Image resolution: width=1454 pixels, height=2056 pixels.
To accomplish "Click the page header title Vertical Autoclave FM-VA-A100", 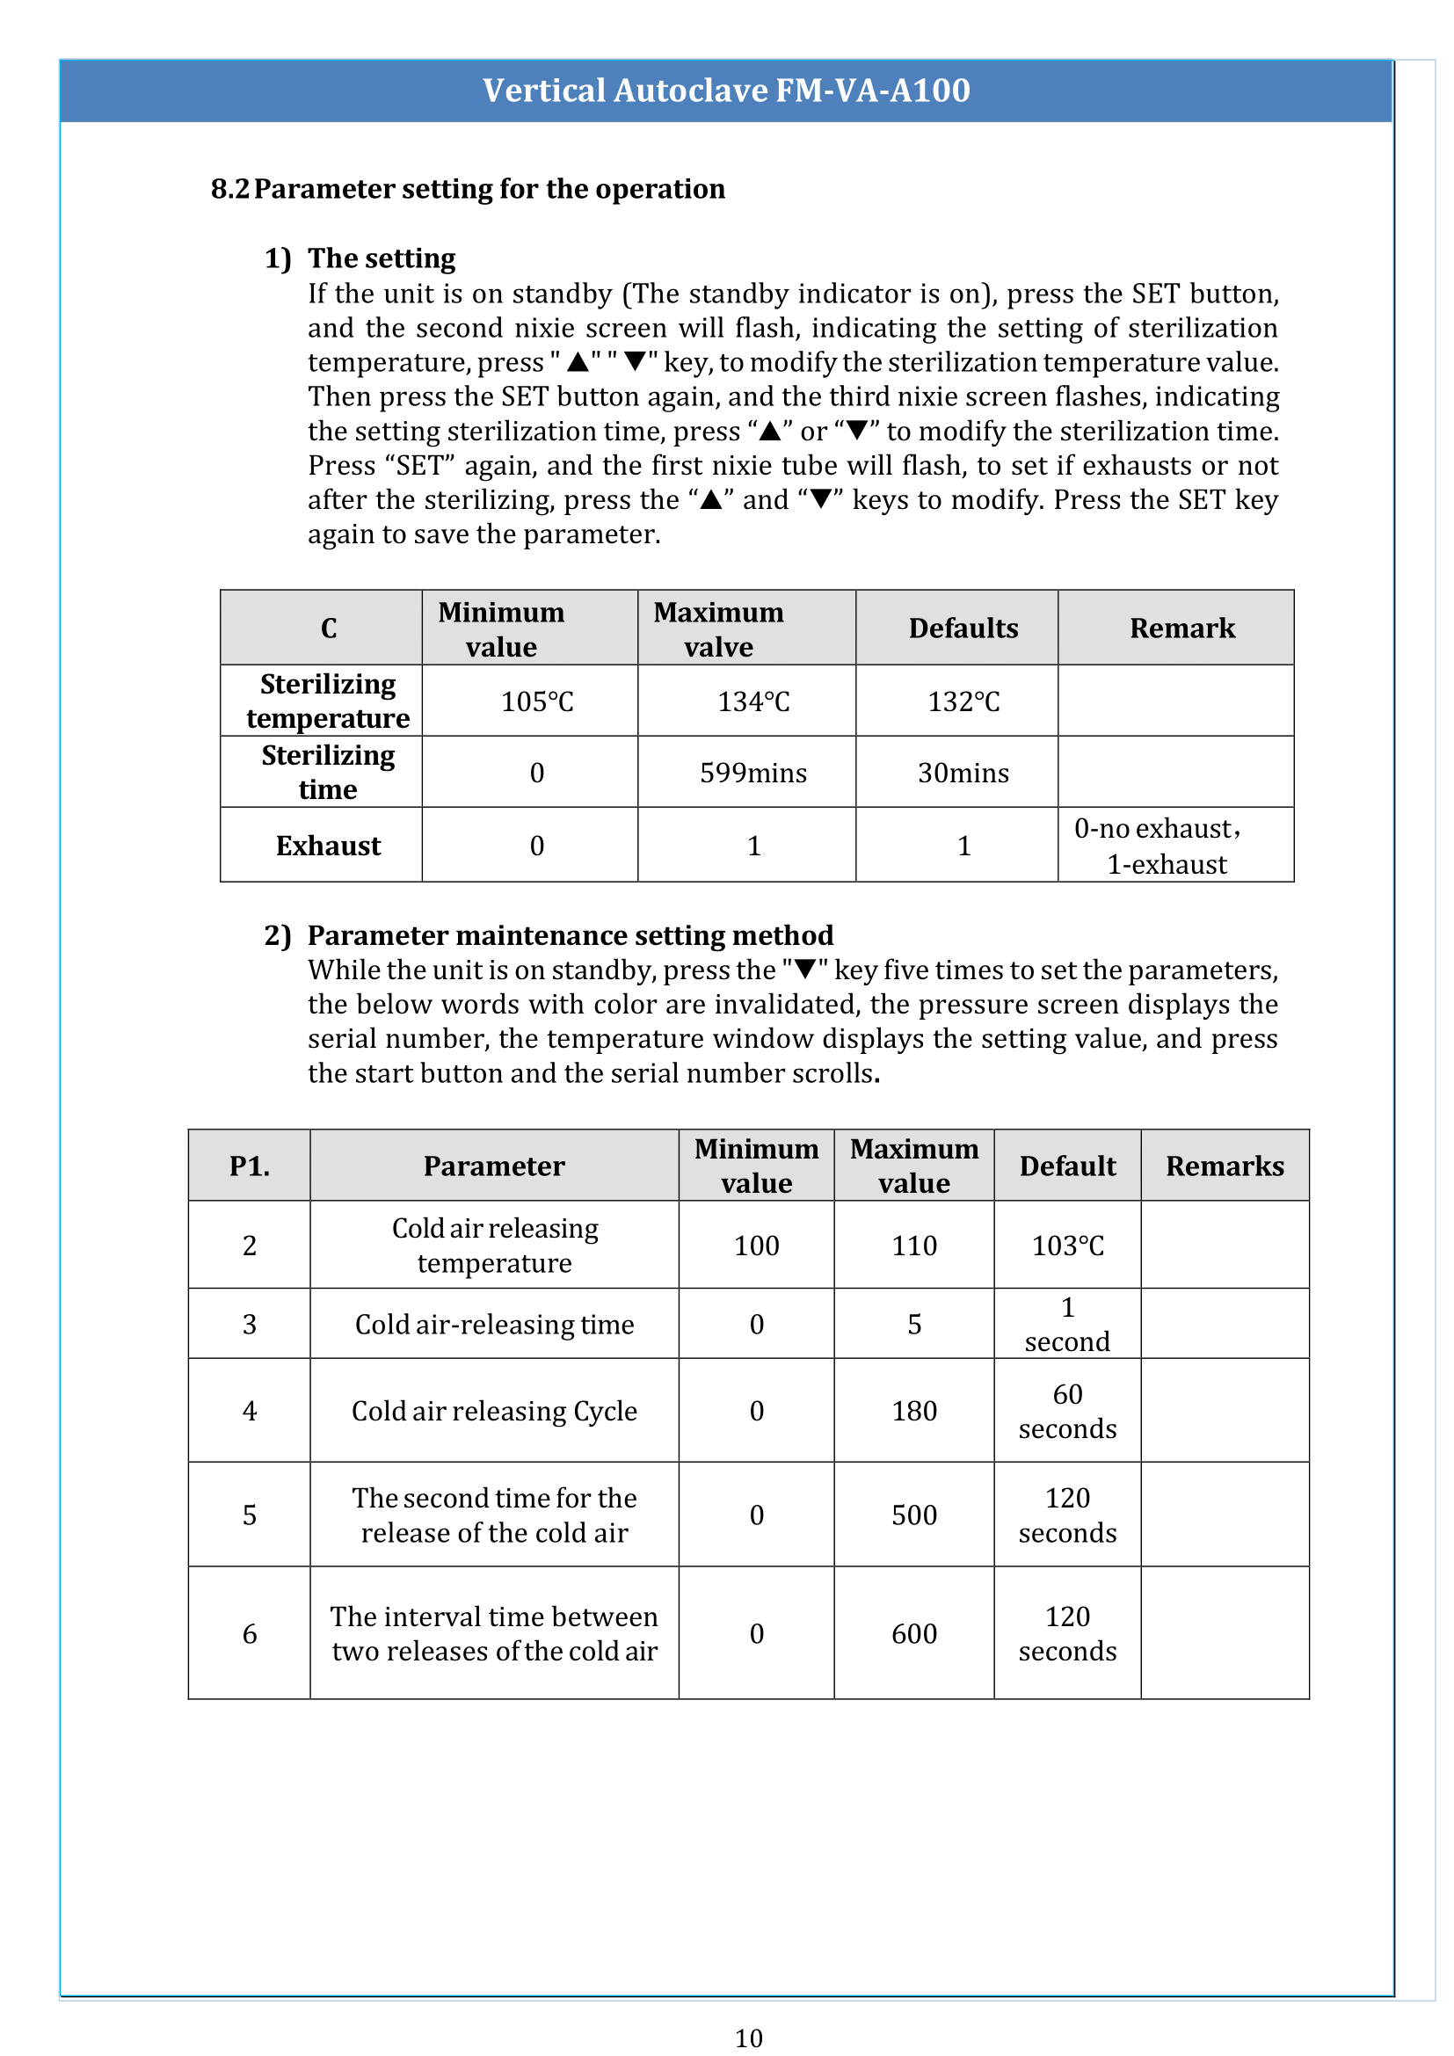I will pos(726,91).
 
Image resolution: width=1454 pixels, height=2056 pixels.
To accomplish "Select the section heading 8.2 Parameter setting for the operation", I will pos(468,189).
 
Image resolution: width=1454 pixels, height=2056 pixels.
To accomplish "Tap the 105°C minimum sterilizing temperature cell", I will pos(536,701).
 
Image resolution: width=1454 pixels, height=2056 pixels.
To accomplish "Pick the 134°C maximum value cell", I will pos(753,701).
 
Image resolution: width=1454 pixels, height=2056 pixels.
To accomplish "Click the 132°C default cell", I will pos(963,701).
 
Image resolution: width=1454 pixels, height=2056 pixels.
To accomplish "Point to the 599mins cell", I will pos(753,773).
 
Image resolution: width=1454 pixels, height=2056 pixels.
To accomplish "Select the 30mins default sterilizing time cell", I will pos(963,773).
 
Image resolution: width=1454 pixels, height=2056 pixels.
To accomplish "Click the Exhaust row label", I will pos(328,846).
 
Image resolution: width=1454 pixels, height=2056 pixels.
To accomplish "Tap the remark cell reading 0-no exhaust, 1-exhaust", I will pos(1164,846).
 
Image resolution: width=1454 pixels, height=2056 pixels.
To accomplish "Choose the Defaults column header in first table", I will pos(963,628).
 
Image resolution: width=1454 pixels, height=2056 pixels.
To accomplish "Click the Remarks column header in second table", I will pos(1224,1166).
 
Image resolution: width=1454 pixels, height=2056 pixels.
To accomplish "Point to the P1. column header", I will pos(249,1166).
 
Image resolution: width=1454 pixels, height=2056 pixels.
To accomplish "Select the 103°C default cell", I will pos(1066,1246).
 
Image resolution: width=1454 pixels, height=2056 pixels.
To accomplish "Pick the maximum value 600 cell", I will pos(913,1633).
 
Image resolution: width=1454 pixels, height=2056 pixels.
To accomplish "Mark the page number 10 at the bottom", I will pos(748,2038).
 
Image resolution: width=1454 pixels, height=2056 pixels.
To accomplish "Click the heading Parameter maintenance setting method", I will pos(570,935).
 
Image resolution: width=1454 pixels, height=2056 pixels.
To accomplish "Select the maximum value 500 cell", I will pos(913,1515).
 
